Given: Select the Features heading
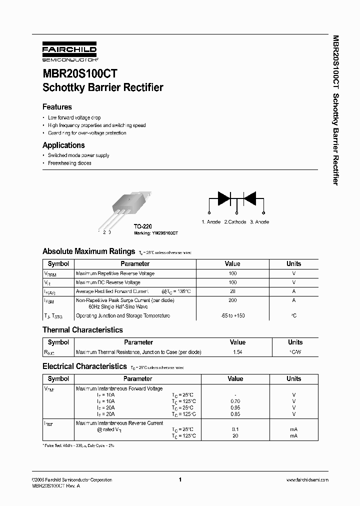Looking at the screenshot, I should [57, 107].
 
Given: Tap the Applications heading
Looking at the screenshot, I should [63, 145].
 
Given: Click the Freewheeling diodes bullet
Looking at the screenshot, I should [69, 163].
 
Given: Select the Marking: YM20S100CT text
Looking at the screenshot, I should [156, 233].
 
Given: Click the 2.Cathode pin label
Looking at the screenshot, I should [235, 222].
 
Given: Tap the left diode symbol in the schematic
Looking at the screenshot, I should [223, 198].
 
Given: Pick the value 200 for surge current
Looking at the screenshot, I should [232, 300].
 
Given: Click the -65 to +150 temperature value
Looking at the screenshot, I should [232, 316].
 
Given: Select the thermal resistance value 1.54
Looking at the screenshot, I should [237, 352].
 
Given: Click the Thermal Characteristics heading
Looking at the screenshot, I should [82, 330].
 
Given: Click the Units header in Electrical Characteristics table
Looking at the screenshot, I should [293, 379].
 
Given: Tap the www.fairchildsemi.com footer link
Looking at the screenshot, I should [307, 480].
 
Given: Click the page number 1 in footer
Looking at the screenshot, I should [179, 480].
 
